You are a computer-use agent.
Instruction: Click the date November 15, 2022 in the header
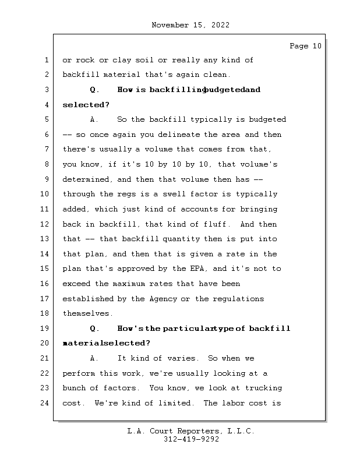pyautogui.click(x=190, y=25)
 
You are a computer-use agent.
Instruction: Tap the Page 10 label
pyautogui.click(x=305, y=46)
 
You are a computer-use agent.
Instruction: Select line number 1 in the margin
pyautogui.click(x=45, y=60)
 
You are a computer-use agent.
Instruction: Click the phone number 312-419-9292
pyautogui.click(x=191, y=440)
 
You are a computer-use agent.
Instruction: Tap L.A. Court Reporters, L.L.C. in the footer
pyautogui.click(x=190, y=431)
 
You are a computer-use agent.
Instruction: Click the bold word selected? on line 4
pyautogui.click(x=86, y=105)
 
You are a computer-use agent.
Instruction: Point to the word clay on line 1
pyautogui.click(x=117, y=60)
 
